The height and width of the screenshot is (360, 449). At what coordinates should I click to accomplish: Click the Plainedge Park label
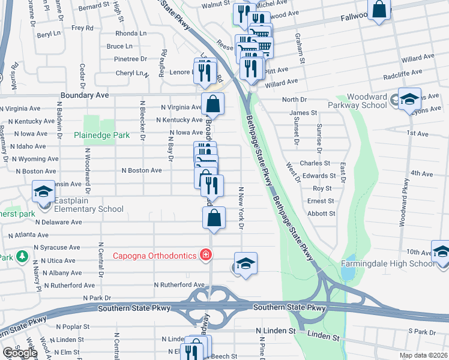[101, 136]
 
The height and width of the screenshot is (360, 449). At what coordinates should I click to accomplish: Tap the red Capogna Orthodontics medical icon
[206, 256]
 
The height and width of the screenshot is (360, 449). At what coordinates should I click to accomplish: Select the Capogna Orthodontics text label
[155, 256]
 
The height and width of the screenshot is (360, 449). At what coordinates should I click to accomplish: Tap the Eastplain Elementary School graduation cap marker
[43, 191]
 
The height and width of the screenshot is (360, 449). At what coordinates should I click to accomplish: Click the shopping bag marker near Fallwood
[379, 10]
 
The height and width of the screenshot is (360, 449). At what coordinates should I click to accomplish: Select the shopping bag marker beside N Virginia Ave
[212, 104]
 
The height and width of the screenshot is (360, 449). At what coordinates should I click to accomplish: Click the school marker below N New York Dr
[246, 263]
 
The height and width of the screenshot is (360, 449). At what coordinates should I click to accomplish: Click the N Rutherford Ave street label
[179, 285]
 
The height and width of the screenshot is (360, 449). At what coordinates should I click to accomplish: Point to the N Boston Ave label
[142, 170]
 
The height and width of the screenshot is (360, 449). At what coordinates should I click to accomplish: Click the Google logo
[20, 353]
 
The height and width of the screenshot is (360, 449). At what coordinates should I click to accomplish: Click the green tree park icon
[22, 256]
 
